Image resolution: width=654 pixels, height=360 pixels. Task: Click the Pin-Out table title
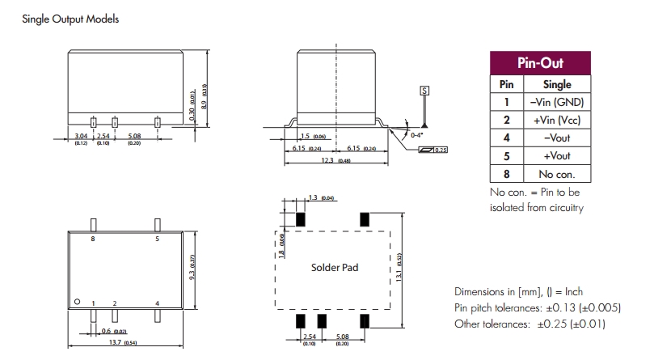click(x=540, y=63)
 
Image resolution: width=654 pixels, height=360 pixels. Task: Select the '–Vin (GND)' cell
click(x=557, y=102)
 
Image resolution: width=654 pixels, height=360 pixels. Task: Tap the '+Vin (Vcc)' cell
click(x=557, y=120)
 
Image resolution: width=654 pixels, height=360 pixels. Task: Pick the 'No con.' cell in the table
click(x=557, y=174)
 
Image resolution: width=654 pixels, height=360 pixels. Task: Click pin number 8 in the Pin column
click(x=506, y=174)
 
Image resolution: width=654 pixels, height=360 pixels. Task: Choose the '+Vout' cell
click(x=557, y=156)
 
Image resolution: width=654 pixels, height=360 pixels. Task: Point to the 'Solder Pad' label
click(x=334, y=267)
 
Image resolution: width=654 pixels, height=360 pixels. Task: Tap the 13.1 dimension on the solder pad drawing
click(x=399, y=274)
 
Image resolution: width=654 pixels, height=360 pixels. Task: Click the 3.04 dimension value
click(x=81, y=136)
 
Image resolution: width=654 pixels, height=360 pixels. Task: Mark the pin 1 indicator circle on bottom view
click(x=78, y=302)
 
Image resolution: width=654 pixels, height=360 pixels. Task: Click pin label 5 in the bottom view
click(x=157, y=240)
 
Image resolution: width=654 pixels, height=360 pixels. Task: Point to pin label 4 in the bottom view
click(x=157, y=303)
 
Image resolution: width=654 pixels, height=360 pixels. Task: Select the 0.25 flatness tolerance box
click(x=440, y=150)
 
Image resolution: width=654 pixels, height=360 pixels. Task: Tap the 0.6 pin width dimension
click(x=108, y=330)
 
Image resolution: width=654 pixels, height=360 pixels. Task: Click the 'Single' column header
click(x=557, y=84)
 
